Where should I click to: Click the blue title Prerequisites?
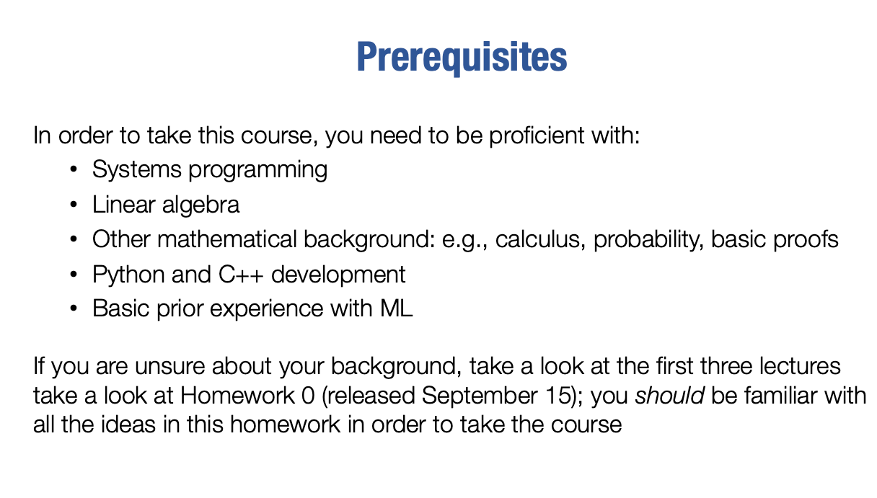point(462,58)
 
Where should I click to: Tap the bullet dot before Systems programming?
point(74,170)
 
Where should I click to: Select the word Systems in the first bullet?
point(137,170)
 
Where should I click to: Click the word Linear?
point(124,204)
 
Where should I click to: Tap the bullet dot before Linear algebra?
point(74,205)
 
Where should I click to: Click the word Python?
point(128,275)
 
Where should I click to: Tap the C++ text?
point(241,275)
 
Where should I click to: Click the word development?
point(338,275)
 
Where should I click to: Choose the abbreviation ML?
point(396,308)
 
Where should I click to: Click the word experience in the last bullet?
point(267,309)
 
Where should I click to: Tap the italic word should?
point(669,396)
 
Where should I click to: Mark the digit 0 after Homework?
point(308,396)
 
